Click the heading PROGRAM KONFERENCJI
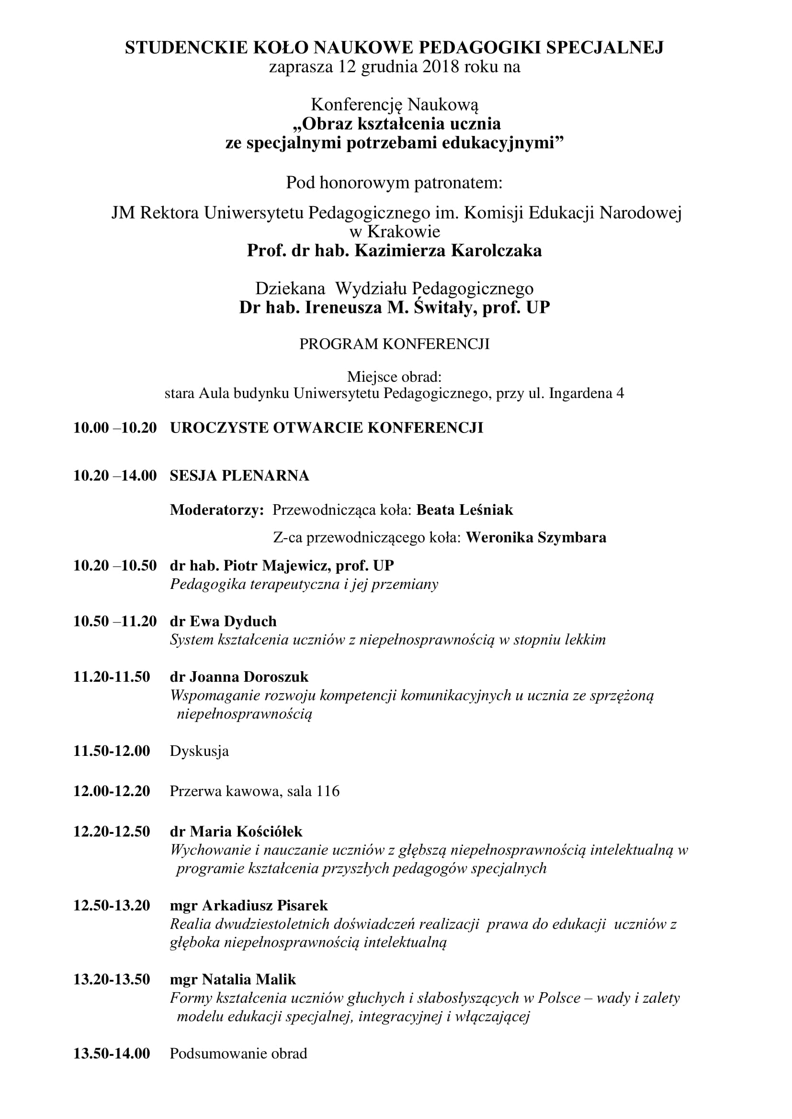coord(394,344)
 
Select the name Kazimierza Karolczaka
coord(448,251)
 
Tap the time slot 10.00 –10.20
coord(115,428)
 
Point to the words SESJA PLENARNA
coord(239,476)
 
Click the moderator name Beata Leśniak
coord(465,510)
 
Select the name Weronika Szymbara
coord(536,538)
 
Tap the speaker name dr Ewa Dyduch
coord(223,621)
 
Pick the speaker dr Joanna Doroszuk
coord(239,677)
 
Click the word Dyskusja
coord(199,751)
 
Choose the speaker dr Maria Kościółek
coord(236,831)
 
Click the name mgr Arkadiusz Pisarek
coord(249,906)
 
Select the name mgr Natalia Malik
coord(233,980)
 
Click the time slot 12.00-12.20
coord(112,791)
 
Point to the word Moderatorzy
coord(216,510)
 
